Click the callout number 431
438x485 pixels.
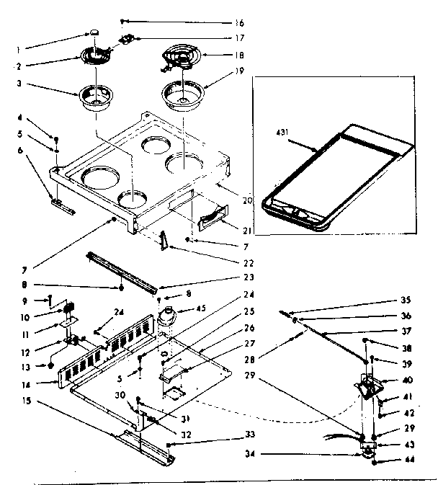pyautogui.click(x=283, y=133)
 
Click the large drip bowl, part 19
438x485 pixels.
pyautogui.click(x=182, y=94)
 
